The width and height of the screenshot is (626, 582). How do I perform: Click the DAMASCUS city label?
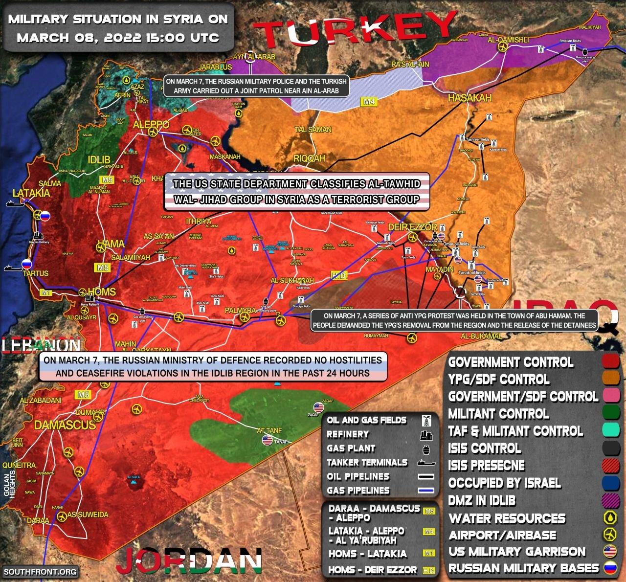pos(65,425)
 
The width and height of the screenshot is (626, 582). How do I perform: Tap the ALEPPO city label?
pos(151,125)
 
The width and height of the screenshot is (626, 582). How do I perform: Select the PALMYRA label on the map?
pos(240,311)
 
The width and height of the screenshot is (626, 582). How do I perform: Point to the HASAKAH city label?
pos(470,98)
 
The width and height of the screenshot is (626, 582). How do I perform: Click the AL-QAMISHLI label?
pos(508,40)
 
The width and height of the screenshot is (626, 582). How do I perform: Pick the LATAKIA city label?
pos(31,193)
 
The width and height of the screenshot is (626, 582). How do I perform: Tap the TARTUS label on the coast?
pos(36,273)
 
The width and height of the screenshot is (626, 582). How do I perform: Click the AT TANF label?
pos(269,430)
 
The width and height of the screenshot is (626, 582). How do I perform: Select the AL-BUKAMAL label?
pos(481,336)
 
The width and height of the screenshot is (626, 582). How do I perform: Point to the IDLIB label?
pos(99,160)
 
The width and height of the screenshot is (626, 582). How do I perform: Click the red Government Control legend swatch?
pos(610,361)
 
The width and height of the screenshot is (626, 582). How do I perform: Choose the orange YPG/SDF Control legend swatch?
pos(610,379)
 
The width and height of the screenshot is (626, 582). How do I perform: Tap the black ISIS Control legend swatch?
pos(610,448)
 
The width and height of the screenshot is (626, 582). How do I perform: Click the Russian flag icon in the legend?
pos(610,568)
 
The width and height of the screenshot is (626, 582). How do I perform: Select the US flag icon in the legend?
pos(610,551)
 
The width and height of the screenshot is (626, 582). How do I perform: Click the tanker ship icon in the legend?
pos(425,463)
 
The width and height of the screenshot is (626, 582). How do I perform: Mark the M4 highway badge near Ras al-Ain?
pos(369,102)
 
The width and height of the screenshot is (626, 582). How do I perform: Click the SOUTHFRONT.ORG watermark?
pos(40,571)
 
